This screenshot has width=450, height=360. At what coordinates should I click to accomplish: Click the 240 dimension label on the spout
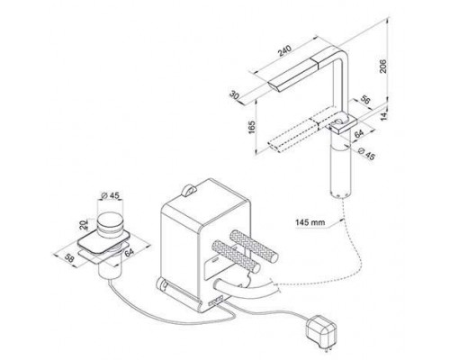tap(284, 50)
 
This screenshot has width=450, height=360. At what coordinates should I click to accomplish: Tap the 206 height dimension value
tap(383, 67)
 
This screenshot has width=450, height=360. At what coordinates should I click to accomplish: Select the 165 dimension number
tap(252, 127)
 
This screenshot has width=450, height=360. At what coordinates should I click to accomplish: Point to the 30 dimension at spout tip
tap(234, 95)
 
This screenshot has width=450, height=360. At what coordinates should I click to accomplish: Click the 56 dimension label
tap(364, 100)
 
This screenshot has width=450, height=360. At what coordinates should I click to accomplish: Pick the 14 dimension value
tap(384, 115)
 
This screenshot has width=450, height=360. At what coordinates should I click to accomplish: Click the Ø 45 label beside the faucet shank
tap(366, 154)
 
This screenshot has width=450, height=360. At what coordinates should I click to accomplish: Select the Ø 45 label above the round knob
tap(110, 195)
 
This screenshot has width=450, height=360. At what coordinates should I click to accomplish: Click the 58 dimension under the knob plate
tap(69, 258)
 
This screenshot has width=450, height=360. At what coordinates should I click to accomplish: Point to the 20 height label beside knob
tap(85, 224)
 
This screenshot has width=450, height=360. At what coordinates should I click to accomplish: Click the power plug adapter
tap(320, 331)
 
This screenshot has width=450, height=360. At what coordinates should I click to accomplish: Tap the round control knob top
tap(110, 220)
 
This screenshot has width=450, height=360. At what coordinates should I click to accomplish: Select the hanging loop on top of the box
tap(188, 191)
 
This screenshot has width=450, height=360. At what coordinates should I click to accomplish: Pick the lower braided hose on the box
tap(236, 256)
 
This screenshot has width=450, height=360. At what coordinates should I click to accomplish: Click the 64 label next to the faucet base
tap(359, 133)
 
